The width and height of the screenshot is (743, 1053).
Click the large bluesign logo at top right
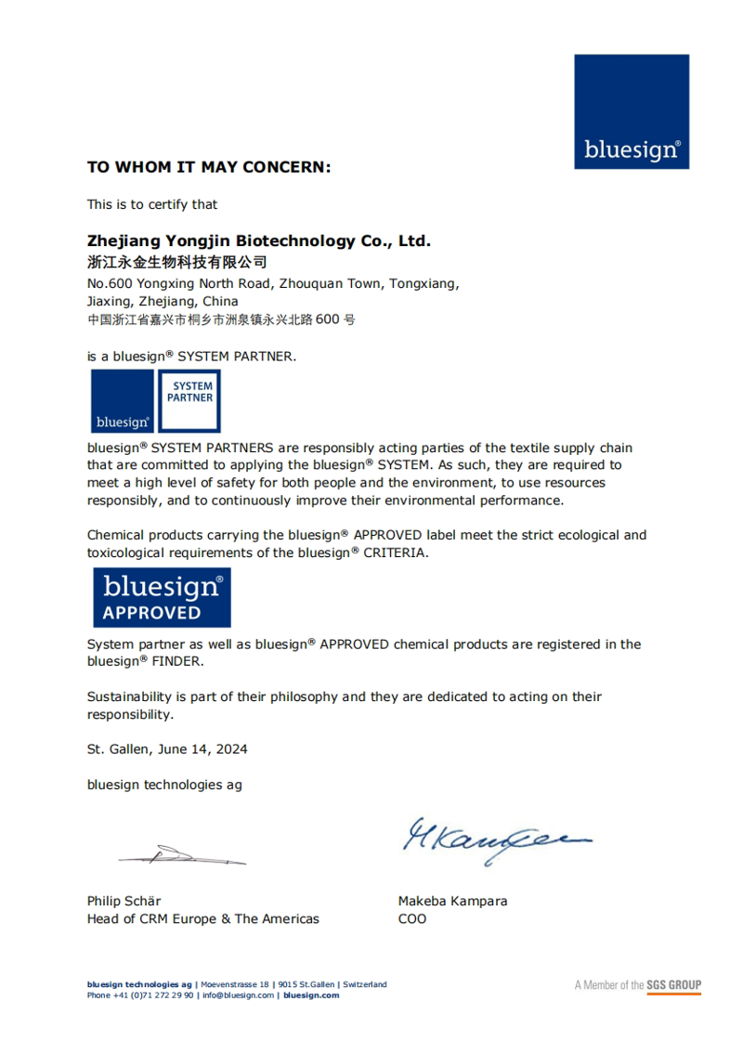(x=632, y=111)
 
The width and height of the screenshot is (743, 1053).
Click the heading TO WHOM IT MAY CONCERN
(x=209, y=167)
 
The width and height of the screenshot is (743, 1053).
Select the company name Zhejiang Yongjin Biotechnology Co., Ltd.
(x=259, y=241)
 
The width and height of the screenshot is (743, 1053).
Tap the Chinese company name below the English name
(x=176, y=262)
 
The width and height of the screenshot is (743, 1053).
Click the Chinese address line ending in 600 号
(x=221, y=319)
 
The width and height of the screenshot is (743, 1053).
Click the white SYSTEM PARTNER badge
(x=189, y=401)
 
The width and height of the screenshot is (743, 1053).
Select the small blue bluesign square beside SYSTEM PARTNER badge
(x=122, y=401)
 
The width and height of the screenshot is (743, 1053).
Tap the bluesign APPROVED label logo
(x=163, y=598)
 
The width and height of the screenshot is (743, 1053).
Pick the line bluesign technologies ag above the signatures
(x=164, y=785)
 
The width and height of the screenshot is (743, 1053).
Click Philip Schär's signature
(x=182, y=854)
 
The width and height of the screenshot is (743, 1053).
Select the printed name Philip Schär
(x=124, y=901)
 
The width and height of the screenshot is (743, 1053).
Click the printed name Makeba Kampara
(x=452, y=901)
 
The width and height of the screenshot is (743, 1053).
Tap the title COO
(x=412, y=919)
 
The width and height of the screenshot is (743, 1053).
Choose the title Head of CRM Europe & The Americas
(x=202, y=919)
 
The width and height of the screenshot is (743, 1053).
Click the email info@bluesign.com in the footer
(x=239, y=995)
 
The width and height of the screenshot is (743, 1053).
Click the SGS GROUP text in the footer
(x=674, y=985)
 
